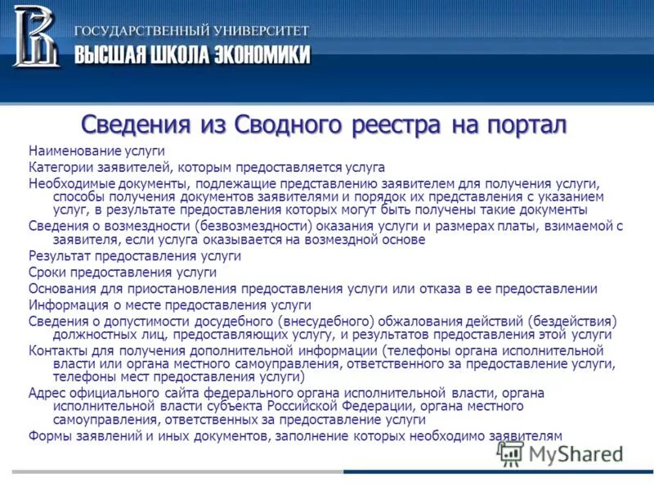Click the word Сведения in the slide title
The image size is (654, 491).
[x=136, y=125]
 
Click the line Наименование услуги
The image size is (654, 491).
[x=96, y=151]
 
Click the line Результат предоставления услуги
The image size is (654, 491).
[x=135, y=256]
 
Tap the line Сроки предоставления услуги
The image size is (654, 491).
[x=123, y=273]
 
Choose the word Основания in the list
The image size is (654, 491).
[x=61, y=289]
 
